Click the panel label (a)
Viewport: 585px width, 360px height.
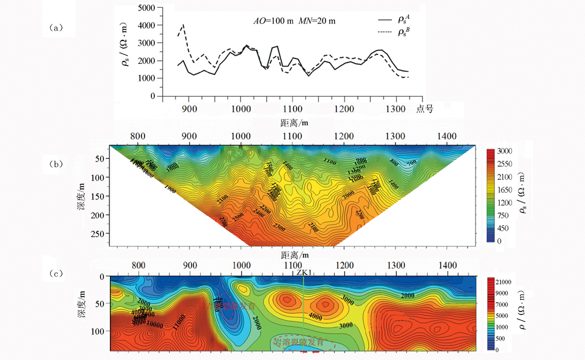tap(56, 27)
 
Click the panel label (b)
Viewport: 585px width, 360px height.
tap(56, 164)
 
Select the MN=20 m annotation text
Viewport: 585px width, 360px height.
tap(315, 21)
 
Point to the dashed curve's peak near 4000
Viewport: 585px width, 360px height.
tap(184, 25)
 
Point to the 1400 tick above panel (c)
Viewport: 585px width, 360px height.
tap(447, 265)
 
